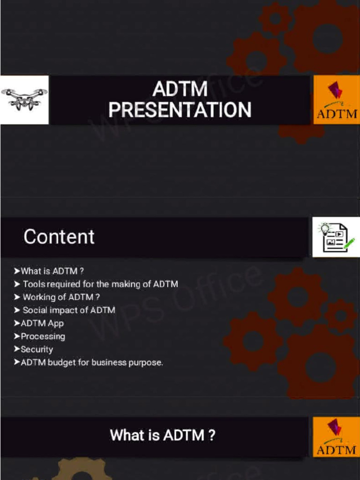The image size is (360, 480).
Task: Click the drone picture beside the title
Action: click(x=24, y=99)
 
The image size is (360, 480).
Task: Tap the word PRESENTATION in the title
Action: click(x=180, y=110)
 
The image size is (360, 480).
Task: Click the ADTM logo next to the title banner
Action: click(x=336, y=100)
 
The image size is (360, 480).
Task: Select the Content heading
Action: click(x=59, y=237)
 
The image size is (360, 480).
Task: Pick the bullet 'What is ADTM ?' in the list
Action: click(x=52, y=271)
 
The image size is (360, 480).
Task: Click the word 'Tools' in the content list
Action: click(x=34, y=284)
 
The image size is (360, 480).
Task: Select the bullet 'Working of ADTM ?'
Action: click(x=61, y=297)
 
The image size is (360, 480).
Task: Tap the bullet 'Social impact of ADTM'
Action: click(x=68, y=310)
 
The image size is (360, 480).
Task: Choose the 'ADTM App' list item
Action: click(x=42, y=323)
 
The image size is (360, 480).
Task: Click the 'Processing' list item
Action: click(x=43, y=337)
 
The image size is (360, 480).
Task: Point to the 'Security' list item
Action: click(x=37, y=350)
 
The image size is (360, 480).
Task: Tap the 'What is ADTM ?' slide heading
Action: click(x=163, y=435)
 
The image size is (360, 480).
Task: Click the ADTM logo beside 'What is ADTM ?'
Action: click(x=336, y=437)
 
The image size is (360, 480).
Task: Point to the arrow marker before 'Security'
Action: click(x=17, y=349)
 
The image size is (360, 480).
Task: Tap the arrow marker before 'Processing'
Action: click(x=17, y=336)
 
